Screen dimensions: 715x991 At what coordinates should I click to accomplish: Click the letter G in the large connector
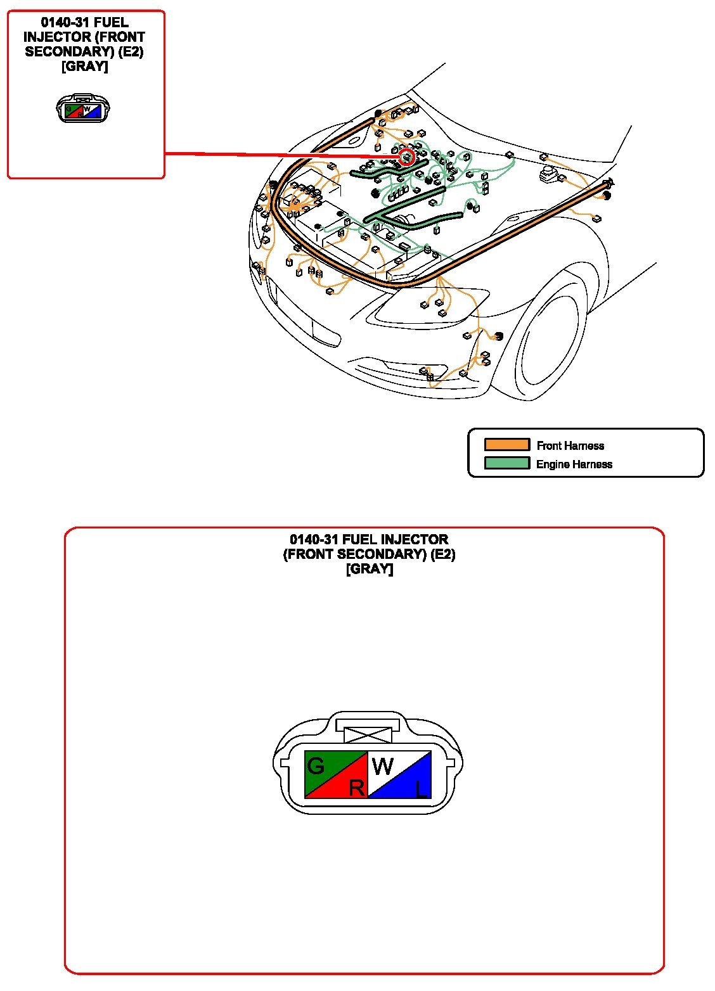(x=316, y=766)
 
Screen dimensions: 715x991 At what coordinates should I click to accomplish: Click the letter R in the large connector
(x=357, y=788)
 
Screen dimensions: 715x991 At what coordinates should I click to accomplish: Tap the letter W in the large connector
(x=383, y=766)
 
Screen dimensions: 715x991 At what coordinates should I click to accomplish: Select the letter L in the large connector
(x=422, y=789)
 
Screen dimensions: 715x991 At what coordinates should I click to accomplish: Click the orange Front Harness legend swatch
(x=506, y=445)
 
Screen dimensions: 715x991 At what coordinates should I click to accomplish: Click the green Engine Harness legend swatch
(x=506, y=463)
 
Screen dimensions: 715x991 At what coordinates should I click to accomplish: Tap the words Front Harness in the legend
(x=570, y=445)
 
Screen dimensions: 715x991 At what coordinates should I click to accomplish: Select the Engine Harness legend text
(x=574, y=464)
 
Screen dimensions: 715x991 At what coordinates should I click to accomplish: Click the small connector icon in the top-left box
(x=83, y=108)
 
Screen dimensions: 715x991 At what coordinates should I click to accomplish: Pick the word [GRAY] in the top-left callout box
(x=84, y=67)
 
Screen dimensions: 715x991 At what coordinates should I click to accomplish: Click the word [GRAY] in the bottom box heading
(x=370, y=569)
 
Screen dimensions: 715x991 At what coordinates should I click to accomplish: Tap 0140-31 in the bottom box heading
(x=314, y=539)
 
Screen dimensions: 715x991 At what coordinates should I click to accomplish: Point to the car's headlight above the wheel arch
(x=432, y=306)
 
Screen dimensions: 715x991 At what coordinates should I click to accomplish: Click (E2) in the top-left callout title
(x=131, y=52)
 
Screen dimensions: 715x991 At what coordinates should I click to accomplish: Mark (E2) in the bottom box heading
(x=443, y=554)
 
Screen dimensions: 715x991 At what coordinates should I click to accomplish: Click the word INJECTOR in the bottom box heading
(x=414, y=539)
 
